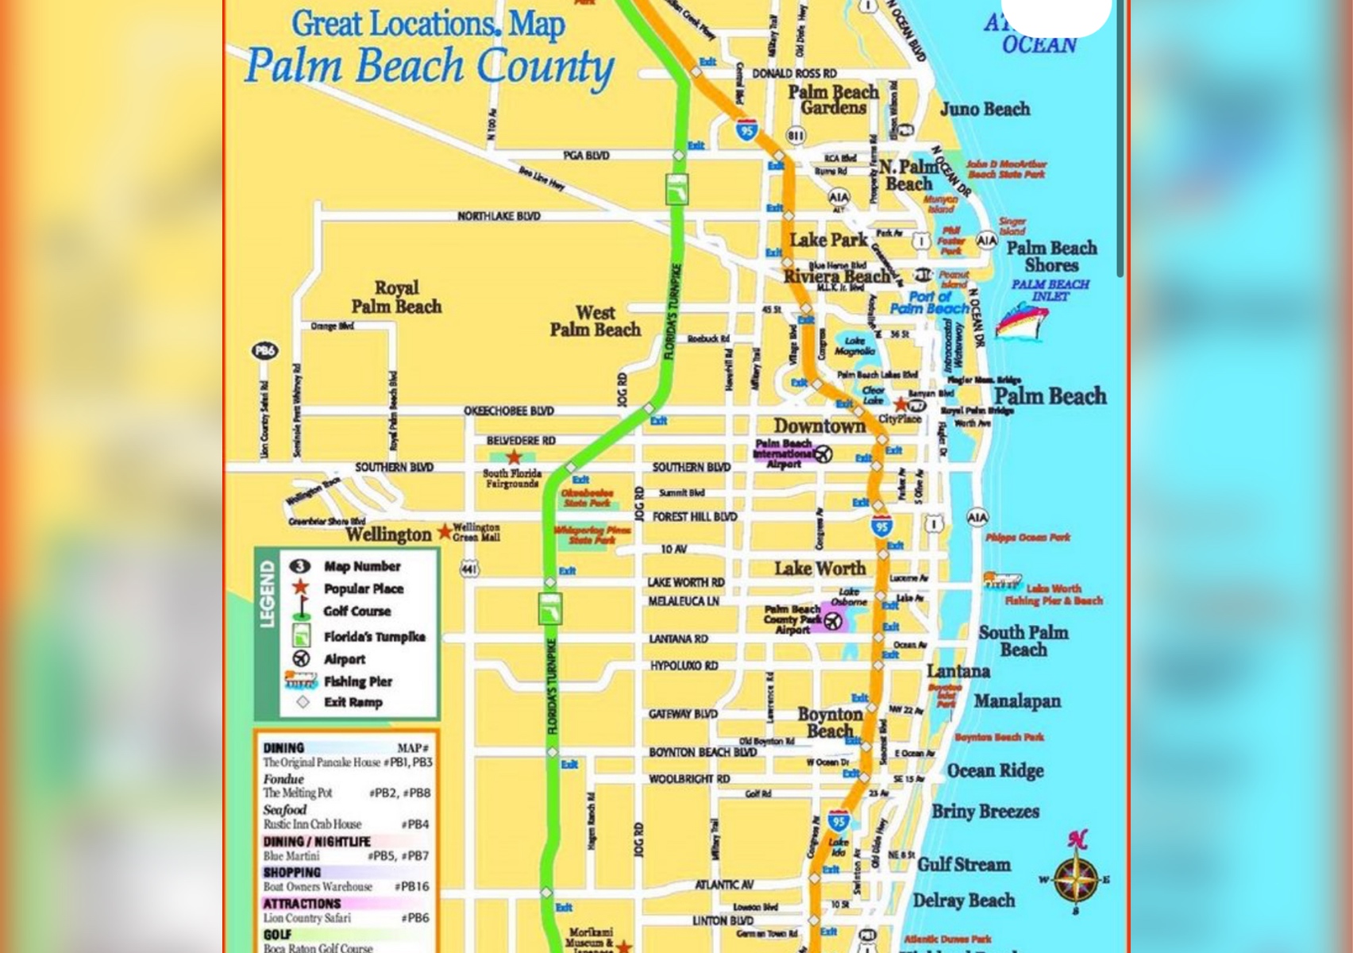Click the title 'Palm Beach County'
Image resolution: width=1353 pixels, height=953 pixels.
point(429,66)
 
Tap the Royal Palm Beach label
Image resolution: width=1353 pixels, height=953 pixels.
point(396,297)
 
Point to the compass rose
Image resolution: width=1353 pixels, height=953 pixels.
point(1077,878)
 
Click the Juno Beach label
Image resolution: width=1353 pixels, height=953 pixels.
point(985,109)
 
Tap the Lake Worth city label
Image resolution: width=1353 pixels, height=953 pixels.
point(820,569)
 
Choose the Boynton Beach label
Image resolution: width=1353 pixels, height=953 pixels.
point(830,722)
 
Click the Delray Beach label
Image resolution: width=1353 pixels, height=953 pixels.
point(963,901)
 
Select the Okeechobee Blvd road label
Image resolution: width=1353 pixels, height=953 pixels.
point(509,411)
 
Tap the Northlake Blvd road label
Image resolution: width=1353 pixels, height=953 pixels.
point(499,216)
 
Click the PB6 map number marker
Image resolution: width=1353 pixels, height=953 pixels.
point(264,350)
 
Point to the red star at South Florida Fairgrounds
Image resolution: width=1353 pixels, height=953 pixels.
point(515,457)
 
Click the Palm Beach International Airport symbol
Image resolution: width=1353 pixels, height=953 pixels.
point(823,453)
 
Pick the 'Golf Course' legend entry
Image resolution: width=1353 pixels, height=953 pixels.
point(357,612)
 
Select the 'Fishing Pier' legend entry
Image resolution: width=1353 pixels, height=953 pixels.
point(357,681)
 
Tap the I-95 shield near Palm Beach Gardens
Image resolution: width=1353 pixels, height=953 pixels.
point(746,129)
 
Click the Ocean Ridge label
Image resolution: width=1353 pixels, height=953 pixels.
point(995,771)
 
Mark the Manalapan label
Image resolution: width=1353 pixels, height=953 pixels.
point(1017,701)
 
